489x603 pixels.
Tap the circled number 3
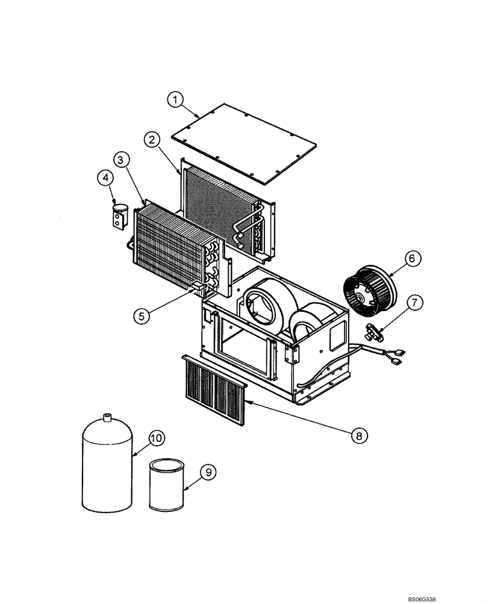(121, 160)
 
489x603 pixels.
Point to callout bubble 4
(105, 178)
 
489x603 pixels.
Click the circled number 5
(142, 315)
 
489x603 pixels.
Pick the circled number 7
(414, 303)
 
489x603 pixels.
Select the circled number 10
(156, 438)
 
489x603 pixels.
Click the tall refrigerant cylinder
(107, 464)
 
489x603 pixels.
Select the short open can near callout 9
(167, 485)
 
